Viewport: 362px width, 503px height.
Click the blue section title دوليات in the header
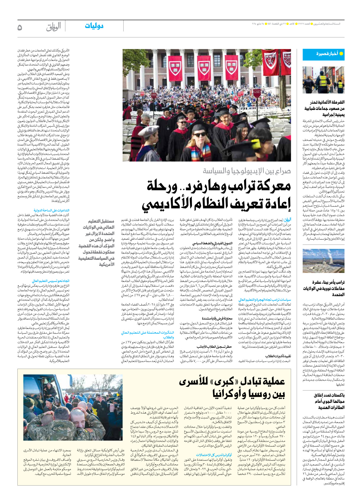(94, 26)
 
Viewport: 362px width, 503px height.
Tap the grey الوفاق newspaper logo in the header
(53, 27)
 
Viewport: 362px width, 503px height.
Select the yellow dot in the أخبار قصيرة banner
(341, 54)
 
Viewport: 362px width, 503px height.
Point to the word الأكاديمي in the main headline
(165, 204)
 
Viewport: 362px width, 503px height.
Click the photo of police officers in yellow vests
(323, 80)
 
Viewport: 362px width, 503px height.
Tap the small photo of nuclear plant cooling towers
(323, 261)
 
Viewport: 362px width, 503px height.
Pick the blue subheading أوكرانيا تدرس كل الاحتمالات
(214, 455)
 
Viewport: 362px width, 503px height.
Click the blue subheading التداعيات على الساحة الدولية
(52, 210)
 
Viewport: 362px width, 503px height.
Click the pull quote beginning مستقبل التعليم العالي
(97, 243)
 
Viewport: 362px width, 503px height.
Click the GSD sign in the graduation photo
(257, 91)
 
